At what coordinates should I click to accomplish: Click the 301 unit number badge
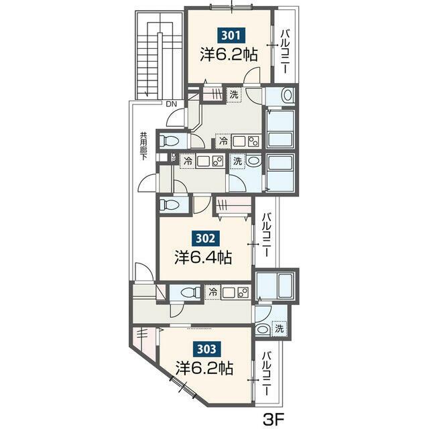pos(231,36)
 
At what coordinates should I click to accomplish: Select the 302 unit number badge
pos(206,238)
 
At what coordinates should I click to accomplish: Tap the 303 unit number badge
pos(206,349)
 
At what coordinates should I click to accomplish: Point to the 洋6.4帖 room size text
pos(203,257)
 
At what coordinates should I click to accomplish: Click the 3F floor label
pos(274,418)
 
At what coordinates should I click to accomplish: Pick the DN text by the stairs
pos(172,104)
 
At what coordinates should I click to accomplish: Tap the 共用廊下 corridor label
pos(143,146)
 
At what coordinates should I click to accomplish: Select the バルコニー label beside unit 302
pos(267,235)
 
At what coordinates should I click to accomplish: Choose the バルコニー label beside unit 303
pos(267,374)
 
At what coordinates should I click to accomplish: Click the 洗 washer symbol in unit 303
pos(279,328)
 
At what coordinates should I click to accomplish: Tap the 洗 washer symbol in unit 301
pos(234,95)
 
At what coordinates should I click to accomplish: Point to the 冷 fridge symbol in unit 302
pos(188,162)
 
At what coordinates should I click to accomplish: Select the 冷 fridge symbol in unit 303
pos(213,292)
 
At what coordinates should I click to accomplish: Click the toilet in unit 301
pos(169,141)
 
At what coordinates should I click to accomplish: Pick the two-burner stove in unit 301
pos(253,141)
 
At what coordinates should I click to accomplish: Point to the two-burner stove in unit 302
pos(217,162)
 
